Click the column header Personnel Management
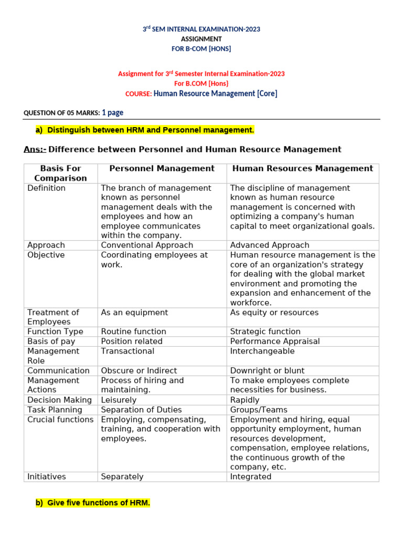click(x=162, y=169)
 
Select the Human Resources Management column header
click(x=302, y=169)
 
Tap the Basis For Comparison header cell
click(x=60, y=173)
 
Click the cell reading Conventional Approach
click(x=147, y=245)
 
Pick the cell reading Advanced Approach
click(x=270, y=245)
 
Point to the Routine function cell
click(x=133, y=332)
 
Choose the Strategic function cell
click(x=265, y=332)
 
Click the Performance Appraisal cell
click(x=274, y=342)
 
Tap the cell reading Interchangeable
click(x=262, y=351)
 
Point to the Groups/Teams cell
click(x=259, y=410)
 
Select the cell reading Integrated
click(x=251, y=477)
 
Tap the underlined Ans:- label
click(x=35, y=150)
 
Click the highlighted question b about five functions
click(x=93, y=503)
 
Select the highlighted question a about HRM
click(x=145, y=130)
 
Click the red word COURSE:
click(x=139, y=94)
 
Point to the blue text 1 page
click(x=112, y=112)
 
